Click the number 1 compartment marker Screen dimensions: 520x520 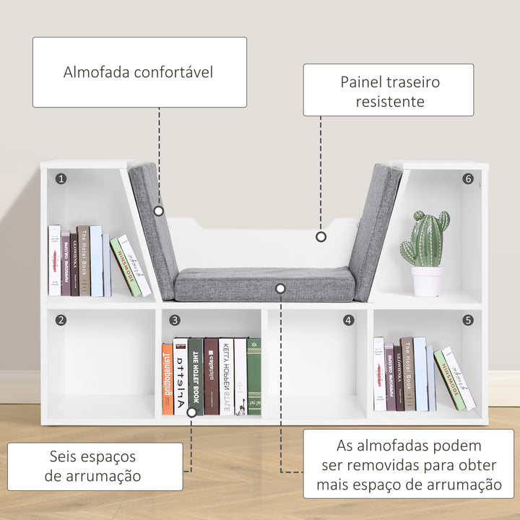point(61,178)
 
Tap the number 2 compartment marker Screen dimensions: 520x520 point(61,320)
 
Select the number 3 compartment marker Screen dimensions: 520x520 point(175,320)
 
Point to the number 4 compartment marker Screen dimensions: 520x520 point(349,320)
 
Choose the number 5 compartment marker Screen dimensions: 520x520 point(468,320)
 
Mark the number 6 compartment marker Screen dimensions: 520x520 point(468,178)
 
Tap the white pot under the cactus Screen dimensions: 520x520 point(427,281)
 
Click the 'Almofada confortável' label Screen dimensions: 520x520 point(139,72)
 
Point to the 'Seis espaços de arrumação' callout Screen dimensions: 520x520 point(94,466)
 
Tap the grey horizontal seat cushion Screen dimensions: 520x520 point(264,285)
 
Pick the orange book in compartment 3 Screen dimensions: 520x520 point(168,378)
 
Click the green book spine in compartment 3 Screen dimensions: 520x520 point(253,376)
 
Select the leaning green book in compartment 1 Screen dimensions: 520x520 point(124,267)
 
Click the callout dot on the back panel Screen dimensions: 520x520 point(321,236)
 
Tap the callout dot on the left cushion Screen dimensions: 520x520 point(159,212)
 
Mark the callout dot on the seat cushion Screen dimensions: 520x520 point(281,288)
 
